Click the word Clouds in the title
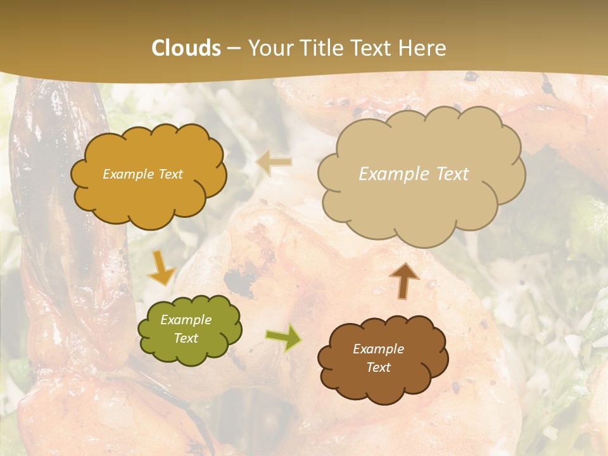(x=186, y=48)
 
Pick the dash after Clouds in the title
(x=233, y=49)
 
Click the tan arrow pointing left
(x=274, y=163)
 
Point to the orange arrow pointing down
(x=161, y=269)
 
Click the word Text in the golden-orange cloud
(x=170, y=174)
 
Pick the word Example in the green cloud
(x=186, y=320)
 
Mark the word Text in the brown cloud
(x=379, y=367)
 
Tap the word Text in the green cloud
(x=186, y=338)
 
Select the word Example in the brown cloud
(x=379, y=349)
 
